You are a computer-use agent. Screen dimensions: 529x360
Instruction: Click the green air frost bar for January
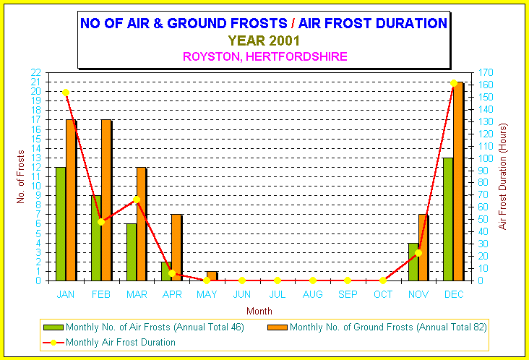pos(61,223)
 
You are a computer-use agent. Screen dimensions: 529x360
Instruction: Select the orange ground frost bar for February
pos(106,200)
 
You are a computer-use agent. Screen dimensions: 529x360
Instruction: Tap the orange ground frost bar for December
pos(457,181)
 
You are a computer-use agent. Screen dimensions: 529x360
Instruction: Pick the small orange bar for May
pos(212,276)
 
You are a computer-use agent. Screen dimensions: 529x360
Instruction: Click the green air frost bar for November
pos(413,262)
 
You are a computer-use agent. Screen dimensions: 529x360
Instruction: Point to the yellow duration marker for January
pos(66,93)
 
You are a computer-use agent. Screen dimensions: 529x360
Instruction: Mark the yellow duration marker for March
pos(137,200)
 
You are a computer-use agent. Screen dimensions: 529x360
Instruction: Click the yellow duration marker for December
pos(454,83)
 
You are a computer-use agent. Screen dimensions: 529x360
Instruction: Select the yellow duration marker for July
pos(278,280)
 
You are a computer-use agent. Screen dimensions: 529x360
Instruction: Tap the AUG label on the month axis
pos(312,294)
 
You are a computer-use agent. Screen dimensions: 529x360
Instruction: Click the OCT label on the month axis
pos(383,294)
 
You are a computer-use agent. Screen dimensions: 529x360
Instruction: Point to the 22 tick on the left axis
pos(35,72)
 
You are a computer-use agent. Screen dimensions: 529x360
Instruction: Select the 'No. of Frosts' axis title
pos(21,177)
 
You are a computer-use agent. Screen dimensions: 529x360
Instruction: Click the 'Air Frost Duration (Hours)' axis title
pos(503,176)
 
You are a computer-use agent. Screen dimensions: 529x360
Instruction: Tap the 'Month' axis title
pos(259,311)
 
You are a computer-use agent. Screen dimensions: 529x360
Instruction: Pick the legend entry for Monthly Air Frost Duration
pos(109,342)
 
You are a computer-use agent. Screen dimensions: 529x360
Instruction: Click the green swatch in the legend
pos(53,327)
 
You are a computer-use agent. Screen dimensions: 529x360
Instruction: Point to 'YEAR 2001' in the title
pos(264,40)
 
